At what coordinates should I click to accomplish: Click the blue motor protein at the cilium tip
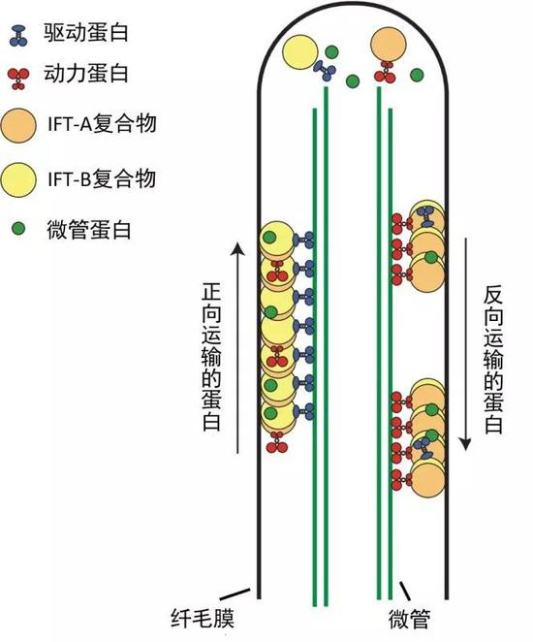(323, 69)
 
